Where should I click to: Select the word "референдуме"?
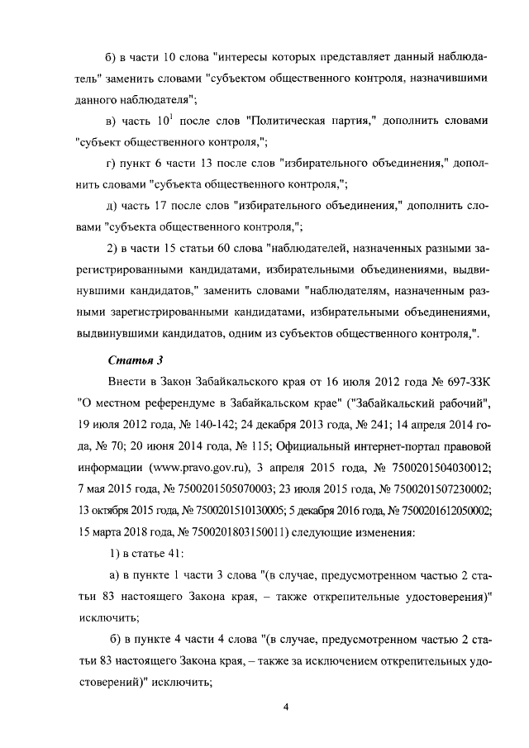click(x=181, y=404)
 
